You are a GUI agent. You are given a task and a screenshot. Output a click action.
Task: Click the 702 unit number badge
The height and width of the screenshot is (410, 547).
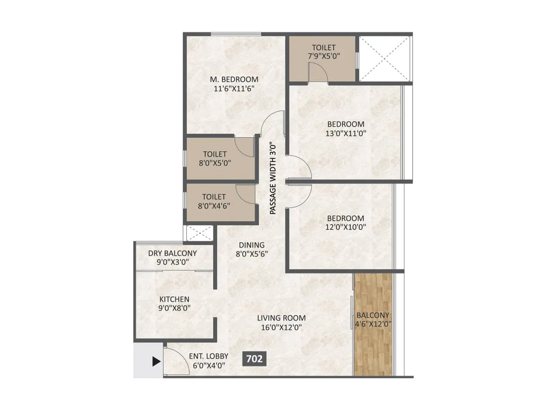pyautogui.click(x=254, y=359)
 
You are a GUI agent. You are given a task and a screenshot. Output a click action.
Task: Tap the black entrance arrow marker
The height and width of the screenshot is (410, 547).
pyautogui.click(x=156, y=361)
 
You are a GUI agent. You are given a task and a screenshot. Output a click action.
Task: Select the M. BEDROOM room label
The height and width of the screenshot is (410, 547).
pyautogui.click(x=234, y=79)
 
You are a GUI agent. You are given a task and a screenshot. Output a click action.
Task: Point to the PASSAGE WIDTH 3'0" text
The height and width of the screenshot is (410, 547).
pyautogui.click(x=273, y=178)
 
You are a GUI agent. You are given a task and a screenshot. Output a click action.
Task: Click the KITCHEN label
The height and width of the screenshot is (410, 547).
pyautogui.click(x=174, y=299)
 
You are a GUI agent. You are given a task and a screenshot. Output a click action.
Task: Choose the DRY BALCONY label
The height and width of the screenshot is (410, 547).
pyautogui.click(x=172, y=253)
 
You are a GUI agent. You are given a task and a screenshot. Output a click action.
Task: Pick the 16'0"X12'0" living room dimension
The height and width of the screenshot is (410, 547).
pyautogui.click(x=281, y=327)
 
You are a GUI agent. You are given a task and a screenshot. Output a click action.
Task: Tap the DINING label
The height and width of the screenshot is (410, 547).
pyautogui.click(x=251, y=245)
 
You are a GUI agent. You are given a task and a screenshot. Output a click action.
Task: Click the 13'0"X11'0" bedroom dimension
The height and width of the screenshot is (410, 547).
pyautogui.click(x=346, y=134)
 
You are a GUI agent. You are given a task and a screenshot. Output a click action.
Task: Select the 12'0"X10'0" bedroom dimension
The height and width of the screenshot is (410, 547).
pyautogui.click(x=345, y=227)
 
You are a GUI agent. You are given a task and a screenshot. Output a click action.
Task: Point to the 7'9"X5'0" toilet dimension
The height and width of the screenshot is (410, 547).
pyautogui.click(x=324, y=56)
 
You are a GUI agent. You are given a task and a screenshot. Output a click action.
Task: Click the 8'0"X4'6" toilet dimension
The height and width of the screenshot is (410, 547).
pyautogui.click(x=214, y=206)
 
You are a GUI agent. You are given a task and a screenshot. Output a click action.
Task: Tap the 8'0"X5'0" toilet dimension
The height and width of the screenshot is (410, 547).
pyautogui.click(x=215, y=163)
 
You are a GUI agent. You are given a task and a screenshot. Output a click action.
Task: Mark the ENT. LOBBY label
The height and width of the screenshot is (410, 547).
pyautogui.click(x=209, y=356)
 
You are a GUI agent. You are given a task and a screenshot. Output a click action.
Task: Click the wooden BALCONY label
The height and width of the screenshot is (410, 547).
pyautogui.click(x=373, y=315)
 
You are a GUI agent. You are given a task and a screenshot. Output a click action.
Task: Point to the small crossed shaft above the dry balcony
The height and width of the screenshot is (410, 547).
pyautogui.click(x=200, y=233)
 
